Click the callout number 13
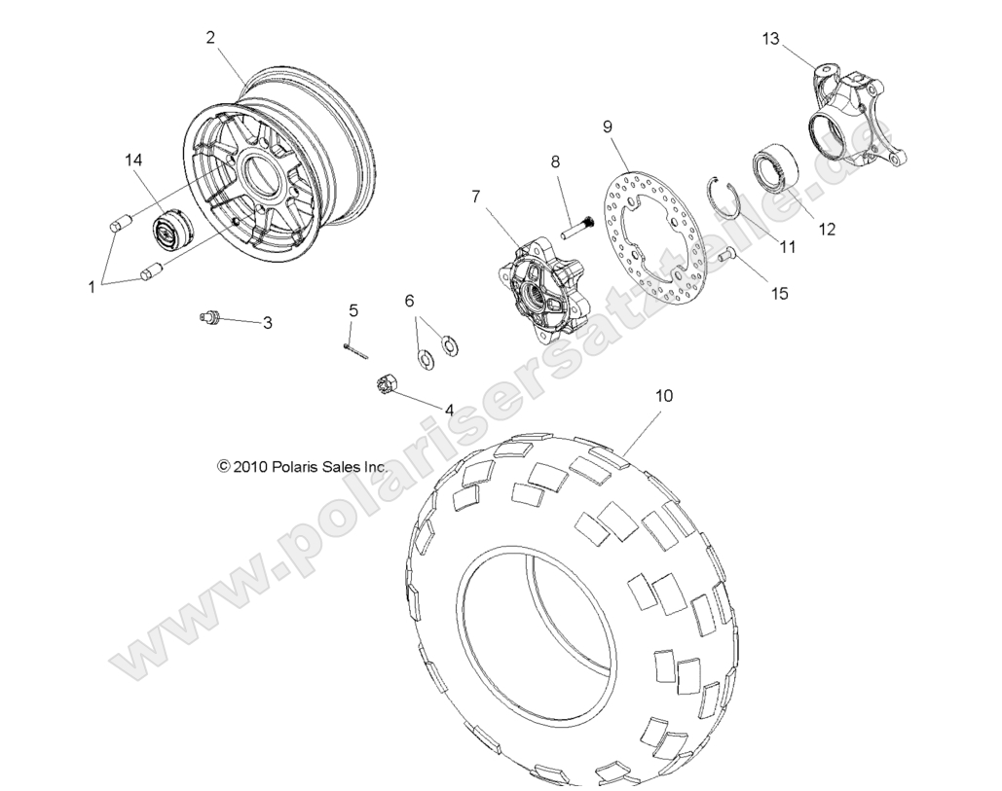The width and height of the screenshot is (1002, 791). click(x=770, y=39)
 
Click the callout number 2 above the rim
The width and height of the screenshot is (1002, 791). click(x=210, y=38)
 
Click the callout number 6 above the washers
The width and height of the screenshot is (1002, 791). click(x=409, y=301)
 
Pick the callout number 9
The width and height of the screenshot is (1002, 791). click(x=607, y=126)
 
